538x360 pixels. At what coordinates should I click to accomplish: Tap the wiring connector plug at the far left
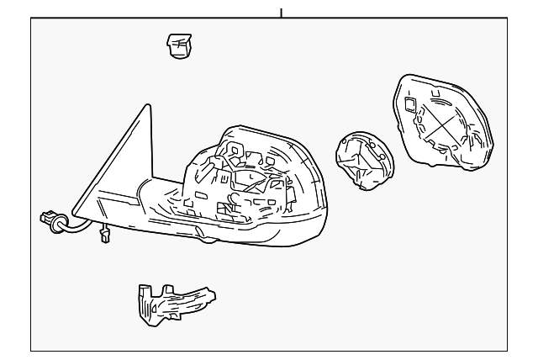click(50, 221)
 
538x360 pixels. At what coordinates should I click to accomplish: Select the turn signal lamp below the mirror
click(174, 300)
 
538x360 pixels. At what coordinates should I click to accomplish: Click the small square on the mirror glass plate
click(410, 105)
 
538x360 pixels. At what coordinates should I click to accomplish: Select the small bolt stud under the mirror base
click(104, 237)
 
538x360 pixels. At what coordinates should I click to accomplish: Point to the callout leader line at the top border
click(281, 12)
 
